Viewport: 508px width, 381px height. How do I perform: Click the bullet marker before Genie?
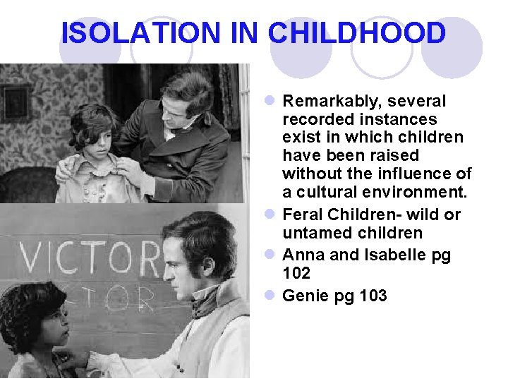tap(272, 296)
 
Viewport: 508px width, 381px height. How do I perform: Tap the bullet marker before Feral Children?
tap(272, 215)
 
